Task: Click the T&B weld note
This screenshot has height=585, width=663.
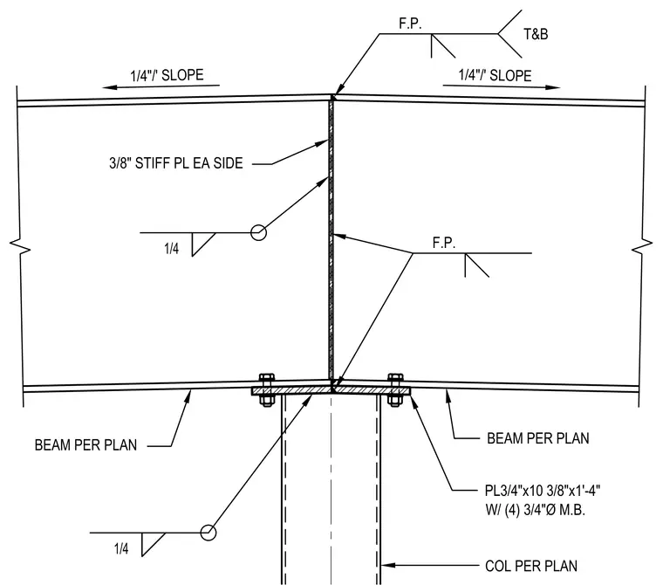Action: pyautogui.click(x=536, y=34)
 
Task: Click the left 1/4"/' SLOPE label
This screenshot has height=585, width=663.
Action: pyautogui.click(x=167, y=75)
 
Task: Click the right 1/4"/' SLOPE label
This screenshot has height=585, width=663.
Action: pyautogui.click(x=496, y=75)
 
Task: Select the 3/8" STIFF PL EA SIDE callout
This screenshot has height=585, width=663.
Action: pyautogui.click(x=176, y=163)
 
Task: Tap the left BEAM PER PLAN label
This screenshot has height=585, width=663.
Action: pyautogui.click(x=85, y=445)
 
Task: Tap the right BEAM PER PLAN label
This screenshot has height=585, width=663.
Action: pyautogui.click(x=538, y=438)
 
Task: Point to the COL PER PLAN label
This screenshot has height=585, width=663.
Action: pyautogui.click(x=531, y=566)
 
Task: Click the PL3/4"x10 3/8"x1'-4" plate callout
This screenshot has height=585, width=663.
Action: pyautogui.click(x=543, y=491)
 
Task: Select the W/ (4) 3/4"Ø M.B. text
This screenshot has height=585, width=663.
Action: pyautogui.click(x=536, y=510)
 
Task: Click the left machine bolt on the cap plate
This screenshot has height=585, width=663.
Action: pyautogui.click(x=266, y=390)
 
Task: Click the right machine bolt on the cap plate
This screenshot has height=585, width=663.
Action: pyautogui.click(x=395, y=390)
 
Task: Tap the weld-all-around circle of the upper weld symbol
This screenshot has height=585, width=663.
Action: pyautogui.click(x=258, y=232)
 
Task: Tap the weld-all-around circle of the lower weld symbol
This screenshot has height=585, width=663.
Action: pyautogui.click(x=208, y=532)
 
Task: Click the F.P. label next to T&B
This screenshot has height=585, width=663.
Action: pyautogui.click(x=410, y=24)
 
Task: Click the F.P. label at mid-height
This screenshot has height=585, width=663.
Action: pyautogui.click(x=443, y=243)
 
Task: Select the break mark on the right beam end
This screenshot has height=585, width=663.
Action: pyautogui.click(x=643, y=247)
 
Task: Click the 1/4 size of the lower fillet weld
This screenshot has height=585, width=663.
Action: pyautogui.click(x=121, y=548)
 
